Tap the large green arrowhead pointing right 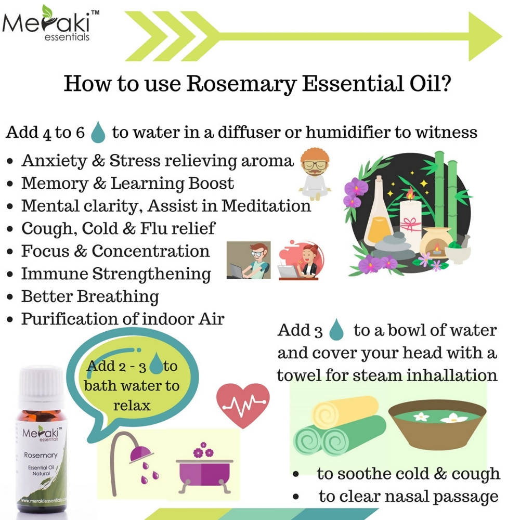pyautogui.click(x=484, y=36)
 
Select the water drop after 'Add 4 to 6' pyautogui.click(x=98, y=133)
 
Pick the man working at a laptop pyautogui.click(x=249, y=260)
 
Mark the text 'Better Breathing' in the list pyautogui.click(x=90, y=296)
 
